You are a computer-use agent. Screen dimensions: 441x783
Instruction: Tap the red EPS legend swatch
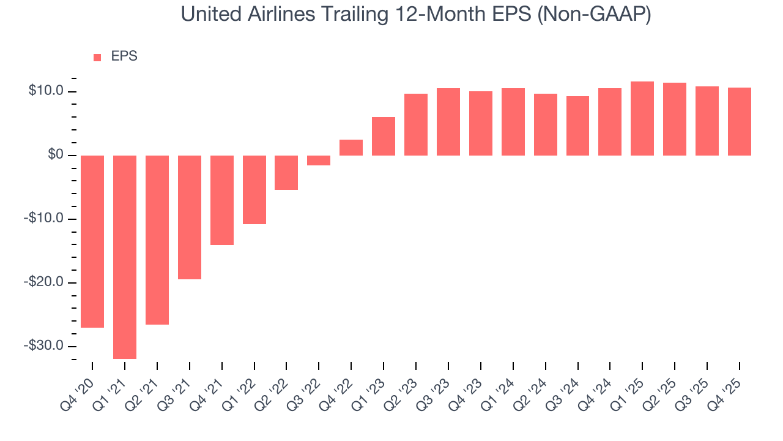click(x=97, y=57)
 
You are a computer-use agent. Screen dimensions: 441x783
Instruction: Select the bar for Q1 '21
click(x=125, y=257)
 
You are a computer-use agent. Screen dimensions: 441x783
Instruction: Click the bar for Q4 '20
click(x=92, y=241)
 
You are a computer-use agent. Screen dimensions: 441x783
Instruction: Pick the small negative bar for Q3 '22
click(x=319, y=160)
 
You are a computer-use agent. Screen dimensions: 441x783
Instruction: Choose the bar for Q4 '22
click(x=351, y=148)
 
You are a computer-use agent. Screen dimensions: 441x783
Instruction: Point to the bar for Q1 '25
click(x=642, y=118)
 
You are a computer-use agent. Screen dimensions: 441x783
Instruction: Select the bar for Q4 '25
click(x=739, y=121)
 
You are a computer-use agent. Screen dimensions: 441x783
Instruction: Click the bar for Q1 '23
click(x=384, y=136)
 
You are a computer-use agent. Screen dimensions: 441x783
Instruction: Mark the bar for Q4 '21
click(x=221, y=200)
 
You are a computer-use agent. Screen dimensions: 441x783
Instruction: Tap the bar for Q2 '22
click(x=286, y=173)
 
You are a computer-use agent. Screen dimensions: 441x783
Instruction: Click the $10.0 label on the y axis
click(x=46, y=91)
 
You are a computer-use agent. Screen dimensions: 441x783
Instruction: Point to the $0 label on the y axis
click(x=55, y=156)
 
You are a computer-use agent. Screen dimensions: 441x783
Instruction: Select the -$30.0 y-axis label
click(x=43, y=345)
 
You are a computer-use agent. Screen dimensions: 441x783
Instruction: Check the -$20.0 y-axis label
click(x=43, y=282)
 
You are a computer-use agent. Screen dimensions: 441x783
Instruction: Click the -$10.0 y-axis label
click(x=43, y=219)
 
